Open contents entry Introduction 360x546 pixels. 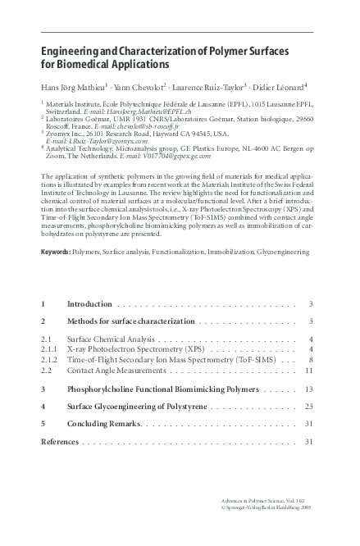tap(89, 304)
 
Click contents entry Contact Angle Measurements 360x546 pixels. tap(116, 371)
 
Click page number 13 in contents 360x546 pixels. tap(309, 390)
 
